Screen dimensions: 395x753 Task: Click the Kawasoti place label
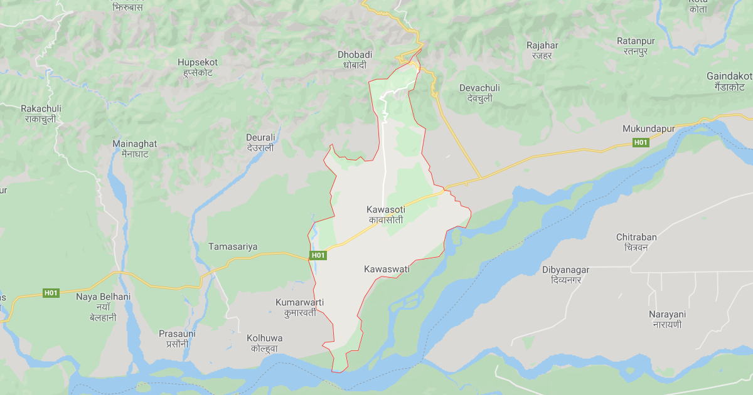386,214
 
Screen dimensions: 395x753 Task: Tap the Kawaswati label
386,269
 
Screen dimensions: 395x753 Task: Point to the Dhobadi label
355,60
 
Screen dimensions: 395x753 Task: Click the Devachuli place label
479,93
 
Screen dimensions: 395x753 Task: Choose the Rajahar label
543,50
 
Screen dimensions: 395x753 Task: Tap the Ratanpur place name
636,46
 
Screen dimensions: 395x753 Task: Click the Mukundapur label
648,129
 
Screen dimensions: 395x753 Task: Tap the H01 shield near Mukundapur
640,143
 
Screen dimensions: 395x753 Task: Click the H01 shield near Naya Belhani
51,293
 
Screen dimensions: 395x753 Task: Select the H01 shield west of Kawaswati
318,255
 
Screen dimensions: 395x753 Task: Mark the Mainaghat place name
134,149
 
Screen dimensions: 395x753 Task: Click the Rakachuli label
41,113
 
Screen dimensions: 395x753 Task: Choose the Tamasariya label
233,247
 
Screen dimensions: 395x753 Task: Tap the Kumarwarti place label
299,307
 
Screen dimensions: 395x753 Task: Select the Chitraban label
636,242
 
